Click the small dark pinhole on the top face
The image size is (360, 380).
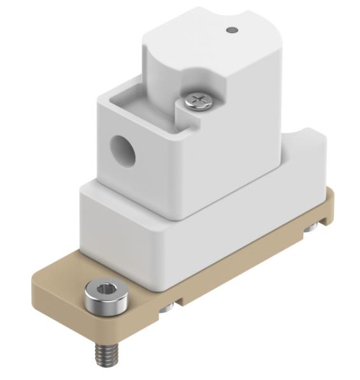pos(232,29)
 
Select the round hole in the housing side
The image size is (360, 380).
pos(122,150)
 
